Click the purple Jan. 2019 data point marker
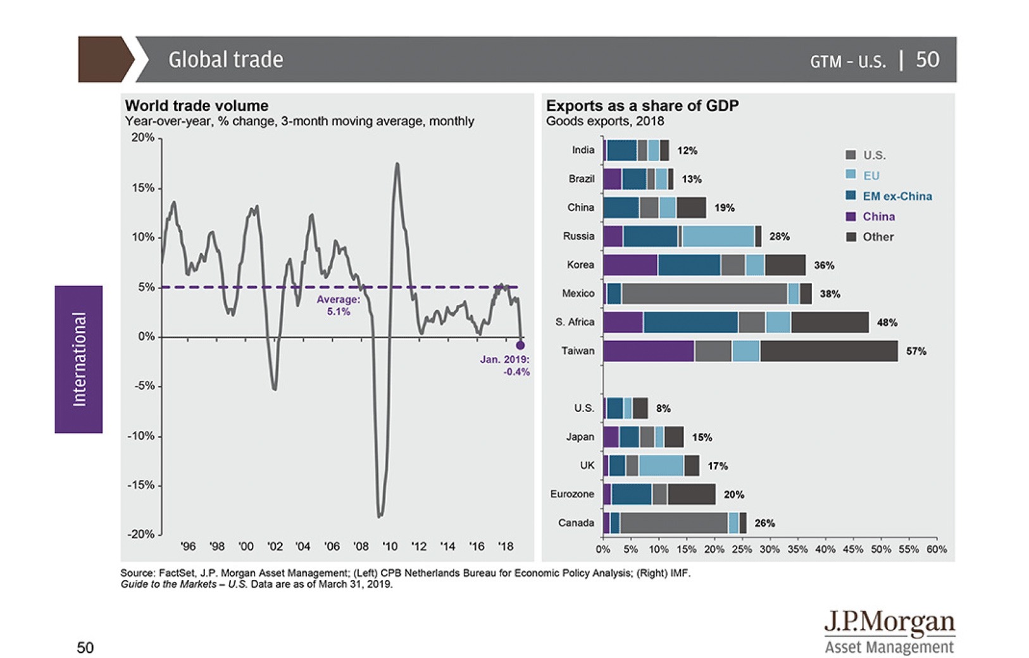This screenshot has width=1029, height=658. pos(520,345)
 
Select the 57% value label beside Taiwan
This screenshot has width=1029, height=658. pos(916,351)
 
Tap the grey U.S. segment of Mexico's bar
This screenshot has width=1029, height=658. pos(704,294)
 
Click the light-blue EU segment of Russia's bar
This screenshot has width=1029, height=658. pos(718,236)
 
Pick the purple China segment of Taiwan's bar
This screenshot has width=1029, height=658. pos(649,351)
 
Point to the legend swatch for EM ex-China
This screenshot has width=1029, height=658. pos(851,196)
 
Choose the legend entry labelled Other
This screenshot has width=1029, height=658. pos(878,237)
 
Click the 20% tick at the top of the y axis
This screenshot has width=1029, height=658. pos(142,138)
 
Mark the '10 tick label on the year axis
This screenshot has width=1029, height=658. pos(390,546)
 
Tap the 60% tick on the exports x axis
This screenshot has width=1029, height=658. pos(937,549)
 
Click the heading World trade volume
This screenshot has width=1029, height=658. pos(197,106)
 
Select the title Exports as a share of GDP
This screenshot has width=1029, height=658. pos(642,106)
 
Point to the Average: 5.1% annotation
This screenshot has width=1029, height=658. pos(339,306)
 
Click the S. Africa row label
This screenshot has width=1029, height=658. pos(575,322)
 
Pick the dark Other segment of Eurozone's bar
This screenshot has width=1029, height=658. pos(691,494)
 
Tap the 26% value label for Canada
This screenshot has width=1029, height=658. pos(764,523)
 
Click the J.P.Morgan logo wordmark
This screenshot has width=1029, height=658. pos(889,623)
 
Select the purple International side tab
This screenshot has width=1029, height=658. pos(78,359)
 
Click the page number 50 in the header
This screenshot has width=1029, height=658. pos(927,59)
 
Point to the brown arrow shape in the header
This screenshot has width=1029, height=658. pos(104,59)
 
